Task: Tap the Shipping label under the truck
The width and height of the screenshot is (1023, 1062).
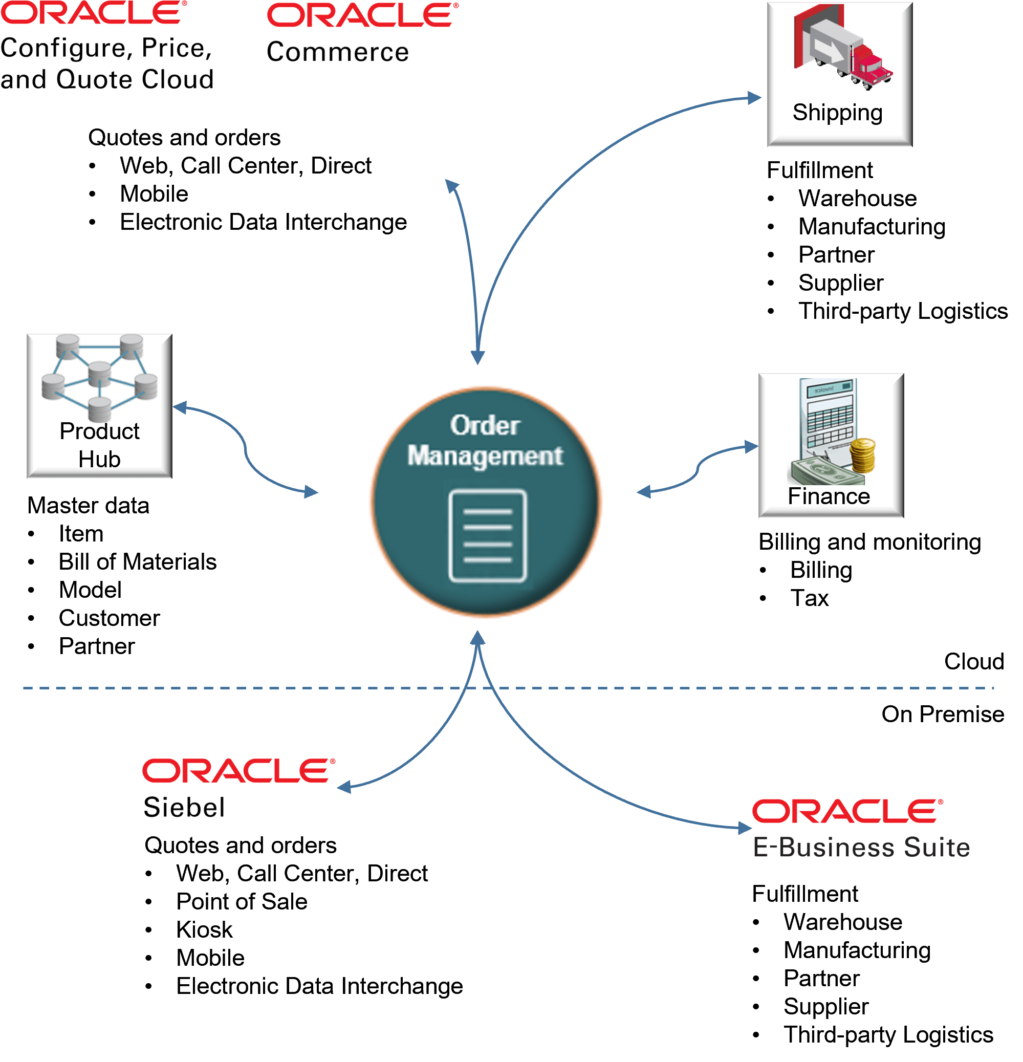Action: (837, 113)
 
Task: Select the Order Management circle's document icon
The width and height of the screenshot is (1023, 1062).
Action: (487, 535)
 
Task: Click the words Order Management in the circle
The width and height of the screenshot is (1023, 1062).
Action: (485, 441)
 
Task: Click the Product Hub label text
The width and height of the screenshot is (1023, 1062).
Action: (99, 445)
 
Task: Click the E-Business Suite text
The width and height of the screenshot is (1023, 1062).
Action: (861, 847)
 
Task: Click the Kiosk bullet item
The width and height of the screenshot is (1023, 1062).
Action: (204, 930)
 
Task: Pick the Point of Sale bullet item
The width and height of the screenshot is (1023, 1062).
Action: (242, 902)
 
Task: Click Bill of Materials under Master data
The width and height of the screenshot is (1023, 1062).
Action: (137, 562)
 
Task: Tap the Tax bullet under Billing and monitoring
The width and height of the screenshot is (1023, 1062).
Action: (809, 598)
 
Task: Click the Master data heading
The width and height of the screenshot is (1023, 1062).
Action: (89, 505)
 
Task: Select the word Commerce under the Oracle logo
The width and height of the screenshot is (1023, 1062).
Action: (337, 52)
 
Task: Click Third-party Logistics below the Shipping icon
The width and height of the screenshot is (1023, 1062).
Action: (902, 311)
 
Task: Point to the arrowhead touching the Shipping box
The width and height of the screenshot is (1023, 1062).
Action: (754, 98)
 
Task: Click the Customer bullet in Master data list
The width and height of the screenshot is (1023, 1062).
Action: (109, 618)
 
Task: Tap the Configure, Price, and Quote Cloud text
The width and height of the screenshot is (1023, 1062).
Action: (107, 63)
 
